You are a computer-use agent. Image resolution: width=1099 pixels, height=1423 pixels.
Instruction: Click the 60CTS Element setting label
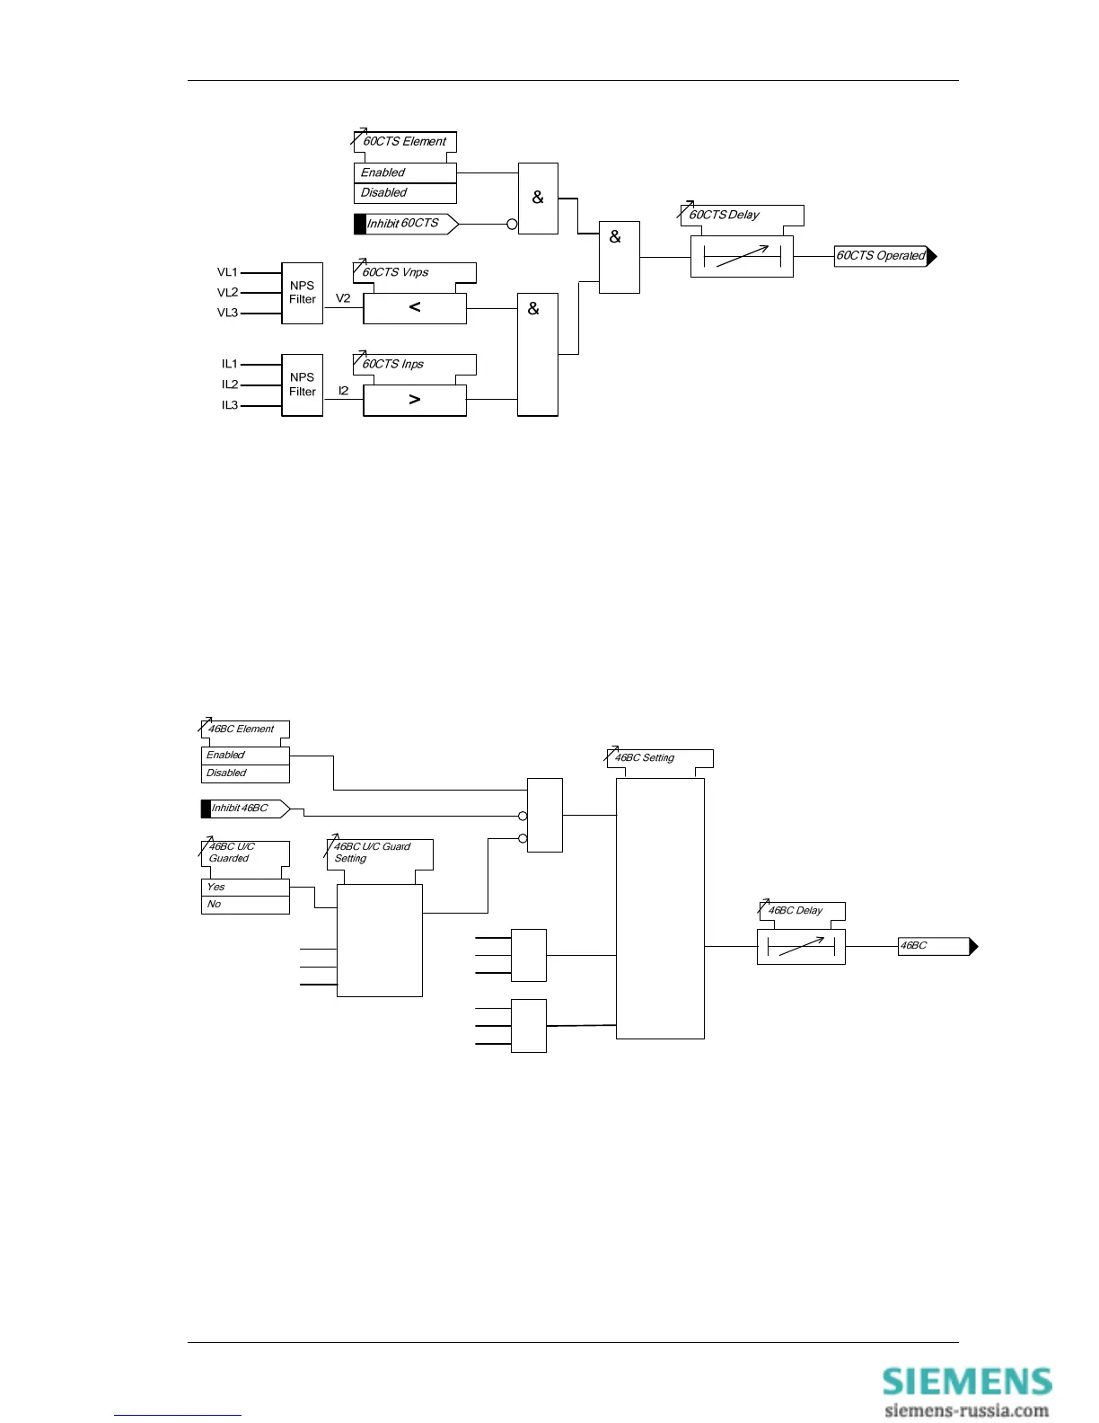(404, 142)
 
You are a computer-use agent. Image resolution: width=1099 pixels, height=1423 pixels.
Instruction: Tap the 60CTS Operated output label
(882, 256)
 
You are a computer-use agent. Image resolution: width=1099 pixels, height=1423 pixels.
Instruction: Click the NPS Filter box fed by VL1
(302, 293)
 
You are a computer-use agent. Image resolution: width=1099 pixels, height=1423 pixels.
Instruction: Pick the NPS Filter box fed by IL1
(302, 384)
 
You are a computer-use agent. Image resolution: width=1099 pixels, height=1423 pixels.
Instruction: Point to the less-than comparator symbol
(415, 307)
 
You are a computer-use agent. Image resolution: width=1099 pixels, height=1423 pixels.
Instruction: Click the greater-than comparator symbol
(415, 399)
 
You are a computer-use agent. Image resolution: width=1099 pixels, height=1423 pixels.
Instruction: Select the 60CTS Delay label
(725, 215)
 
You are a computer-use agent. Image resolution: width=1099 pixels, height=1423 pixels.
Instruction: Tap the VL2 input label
(227, 293)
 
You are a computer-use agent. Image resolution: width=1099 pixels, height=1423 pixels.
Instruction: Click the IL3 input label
(230, 405)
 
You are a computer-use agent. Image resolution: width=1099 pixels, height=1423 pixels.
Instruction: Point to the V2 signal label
(343, 298)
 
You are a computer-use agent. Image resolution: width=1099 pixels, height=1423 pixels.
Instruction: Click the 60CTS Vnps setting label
(396, 272)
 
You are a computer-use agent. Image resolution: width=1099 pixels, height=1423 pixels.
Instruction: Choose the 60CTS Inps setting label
(393, 364)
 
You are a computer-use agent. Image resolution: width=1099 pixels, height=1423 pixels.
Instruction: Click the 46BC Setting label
(645, 758)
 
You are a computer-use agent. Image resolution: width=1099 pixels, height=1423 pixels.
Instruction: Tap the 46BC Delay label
(796, 911)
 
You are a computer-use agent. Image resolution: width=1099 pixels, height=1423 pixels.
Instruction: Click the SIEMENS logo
(966, 1382)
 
